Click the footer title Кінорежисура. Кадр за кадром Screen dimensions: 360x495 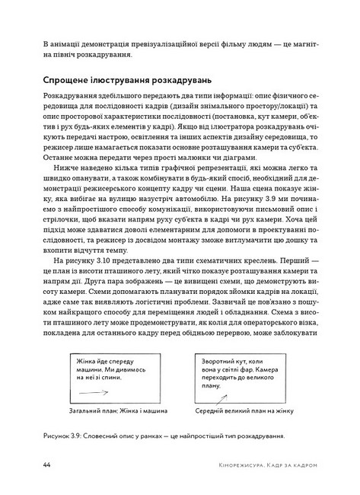click(x=260, y=464)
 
